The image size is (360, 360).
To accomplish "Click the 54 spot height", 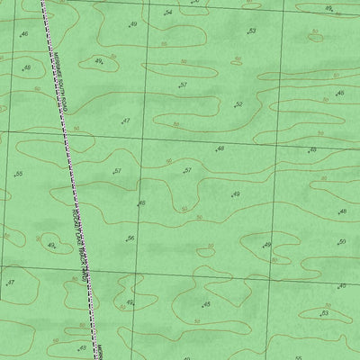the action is (166, 13).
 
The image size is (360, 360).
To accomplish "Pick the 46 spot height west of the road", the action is (22, 35).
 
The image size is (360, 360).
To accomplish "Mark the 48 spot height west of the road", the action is (26, 68).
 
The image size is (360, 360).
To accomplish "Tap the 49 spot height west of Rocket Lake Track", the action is (51, 245).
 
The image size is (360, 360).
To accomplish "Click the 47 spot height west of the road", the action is (10, 283).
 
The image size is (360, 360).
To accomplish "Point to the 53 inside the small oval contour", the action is (326, 313).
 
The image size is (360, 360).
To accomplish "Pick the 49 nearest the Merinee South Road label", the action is (99, 62).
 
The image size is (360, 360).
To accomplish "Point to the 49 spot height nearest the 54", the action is (132, 25).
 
